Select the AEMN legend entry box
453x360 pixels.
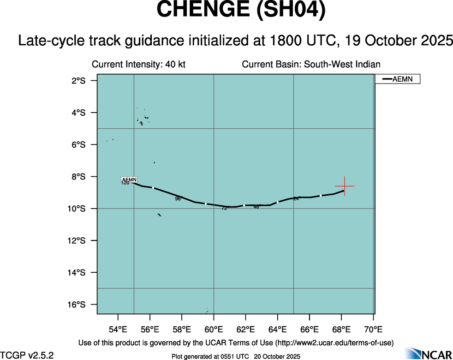point(397,79)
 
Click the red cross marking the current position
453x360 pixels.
point(344,186)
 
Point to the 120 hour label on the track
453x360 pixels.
point(125,183)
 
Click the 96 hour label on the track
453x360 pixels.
point(178,199)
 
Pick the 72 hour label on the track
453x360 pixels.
point(225,209)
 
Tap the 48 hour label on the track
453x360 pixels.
point(256,207)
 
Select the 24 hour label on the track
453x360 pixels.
point(297,198)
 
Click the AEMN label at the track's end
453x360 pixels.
point(129,179)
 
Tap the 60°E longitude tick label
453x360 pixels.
point(214,329)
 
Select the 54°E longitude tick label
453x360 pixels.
point(118,329)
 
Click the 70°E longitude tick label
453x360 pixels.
point(373,329)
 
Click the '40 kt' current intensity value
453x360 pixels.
point(175,65)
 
